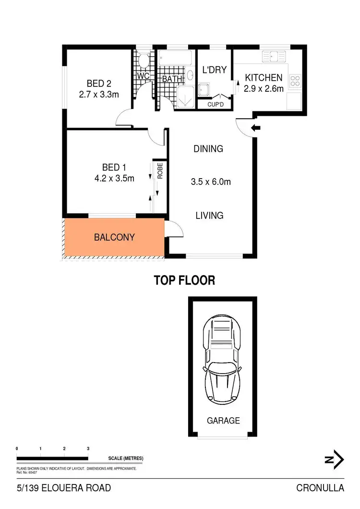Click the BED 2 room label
99,84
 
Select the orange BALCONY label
114,237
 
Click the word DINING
208,149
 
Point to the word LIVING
209,216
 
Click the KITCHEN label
264,78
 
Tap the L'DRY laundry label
214,70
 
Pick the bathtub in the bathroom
175,61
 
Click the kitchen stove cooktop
295,81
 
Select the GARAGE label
223,421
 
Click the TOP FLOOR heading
184,280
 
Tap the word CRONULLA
320,488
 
